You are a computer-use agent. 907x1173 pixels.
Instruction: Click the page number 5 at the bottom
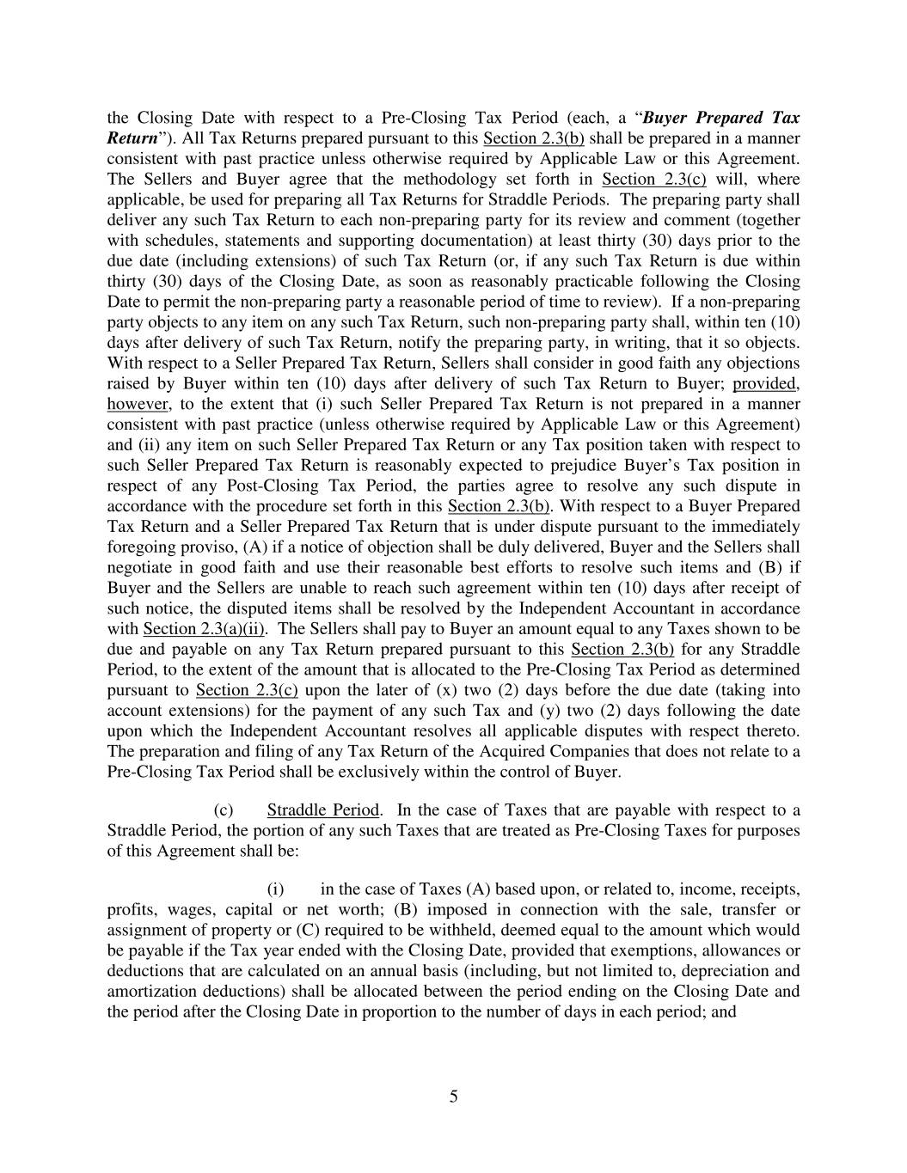(453, 1097)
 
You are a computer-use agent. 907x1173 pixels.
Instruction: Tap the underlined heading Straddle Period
(322, 810)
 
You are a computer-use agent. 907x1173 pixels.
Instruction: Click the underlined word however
(137, 404)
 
